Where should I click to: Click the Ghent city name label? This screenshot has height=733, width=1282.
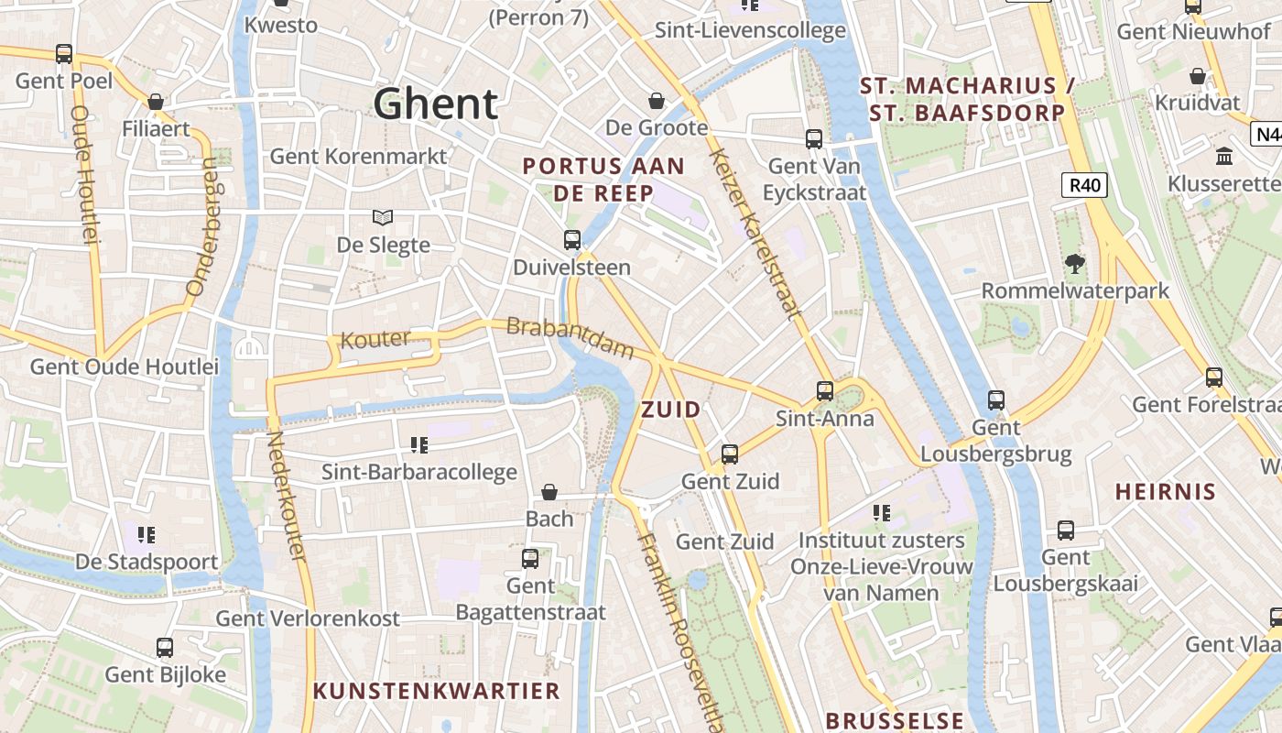(x=436, y=104)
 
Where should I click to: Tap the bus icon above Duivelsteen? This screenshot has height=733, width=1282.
(x=572, y=240)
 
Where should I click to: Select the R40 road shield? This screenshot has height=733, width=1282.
(x=1085, y=185)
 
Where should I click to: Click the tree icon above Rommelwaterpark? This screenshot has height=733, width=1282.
(x=1075, y=264)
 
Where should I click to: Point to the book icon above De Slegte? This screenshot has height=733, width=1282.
(x=383, y=218)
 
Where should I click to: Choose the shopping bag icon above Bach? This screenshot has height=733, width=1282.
(x=549, y=493)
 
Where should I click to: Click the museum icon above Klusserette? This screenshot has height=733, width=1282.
(x=1224, y=157)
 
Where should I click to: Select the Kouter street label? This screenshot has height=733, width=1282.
(x=375, y=339)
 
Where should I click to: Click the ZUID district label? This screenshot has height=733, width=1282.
(x=671, y=410)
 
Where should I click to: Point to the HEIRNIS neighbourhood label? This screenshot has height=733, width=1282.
(x=1166, y=491)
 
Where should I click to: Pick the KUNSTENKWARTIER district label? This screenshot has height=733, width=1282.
(x=437, y=690)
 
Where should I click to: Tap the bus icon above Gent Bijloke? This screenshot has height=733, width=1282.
(x=165, y=648)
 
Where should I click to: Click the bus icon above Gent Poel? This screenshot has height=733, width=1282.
(x=64, y=54)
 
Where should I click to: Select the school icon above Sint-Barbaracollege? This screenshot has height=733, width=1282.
(x=419, y=445)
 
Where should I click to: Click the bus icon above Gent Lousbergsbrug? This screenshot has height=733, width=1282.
(x=996, y=400)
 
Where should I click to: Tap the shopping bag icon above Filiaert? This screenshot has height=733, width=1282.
(x=156, y=102)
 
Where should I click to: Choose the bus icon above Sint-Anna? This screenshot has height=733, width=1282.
(x=825, y=391)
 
